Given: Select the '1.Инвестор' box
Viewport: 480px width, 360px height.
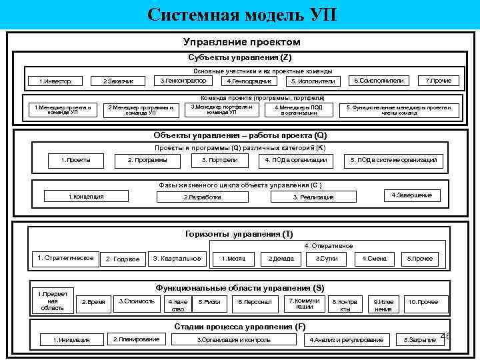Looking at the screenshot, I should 56,81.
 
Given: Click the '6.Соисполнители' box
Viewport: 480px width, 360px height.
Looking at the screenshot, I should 378,81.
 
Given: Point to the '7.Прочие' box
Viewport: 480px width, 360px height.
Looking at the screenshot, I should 438,81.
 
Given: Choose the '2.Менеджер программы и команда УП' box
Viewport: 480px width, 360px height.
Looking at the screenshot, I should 141,109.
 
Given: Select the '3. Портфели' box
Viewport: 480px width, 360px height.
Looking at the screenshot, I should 217,160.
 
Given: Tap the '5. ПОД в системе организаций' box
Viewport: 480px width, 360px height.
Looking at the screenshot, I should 393,160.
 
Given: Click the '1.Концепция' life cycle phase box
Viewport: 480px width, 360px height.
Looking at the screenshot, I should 87,196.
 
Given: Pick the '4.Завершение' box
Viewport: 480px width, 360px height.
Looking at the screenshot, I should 411,195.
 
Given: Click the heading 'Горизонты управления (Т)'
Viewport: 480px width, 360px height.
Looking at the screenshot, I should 239,234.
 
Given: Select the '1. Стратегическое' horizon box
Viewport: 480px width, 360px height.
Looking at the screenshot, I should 65,258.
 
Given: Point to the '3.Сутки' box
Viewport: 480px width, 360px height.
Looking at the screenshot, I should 326,259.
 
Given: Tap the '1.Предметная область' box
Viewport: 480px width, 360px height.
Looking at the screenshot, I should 53,301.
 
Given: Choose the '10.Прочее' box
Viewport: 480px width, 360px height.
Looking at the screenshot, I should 423,302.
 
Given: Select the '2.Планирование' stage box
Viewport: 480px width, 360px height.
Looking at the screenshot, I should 136,339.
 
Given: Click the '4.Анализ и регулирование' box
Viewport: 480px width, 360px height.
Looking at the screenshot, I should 347,340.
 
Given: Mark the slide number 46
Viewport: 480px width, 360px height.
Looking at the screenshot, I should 445,337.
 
